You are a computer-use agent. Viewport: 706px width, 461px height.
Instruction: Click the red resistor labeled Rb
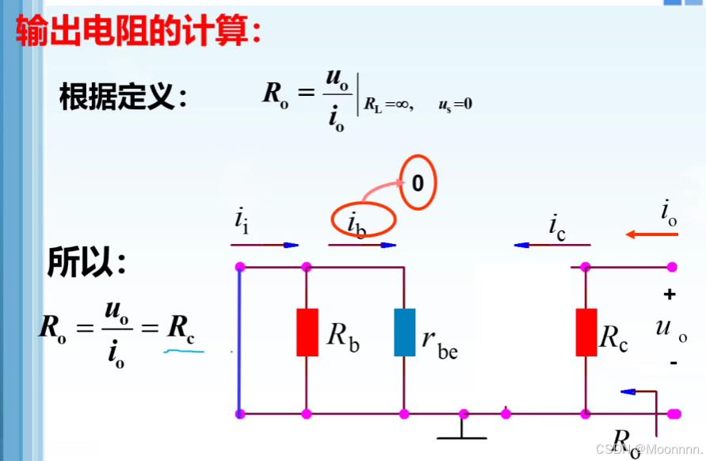tap(307, 332)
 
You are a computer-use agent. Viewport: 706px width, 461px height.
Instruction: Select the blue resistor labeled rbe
tap(404, 332)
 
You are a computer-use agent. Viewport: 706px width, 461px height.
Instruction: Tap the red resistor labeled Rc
tap(586, 332)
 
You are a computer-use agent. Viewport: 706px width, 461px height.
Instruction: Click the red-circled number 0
tap(418, 184)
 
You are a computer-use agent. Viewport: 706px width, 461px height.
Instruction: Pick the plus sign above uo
tap(670, 295)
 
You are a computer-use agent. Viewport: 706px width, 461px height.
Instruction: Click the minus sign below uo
tap(674, 363)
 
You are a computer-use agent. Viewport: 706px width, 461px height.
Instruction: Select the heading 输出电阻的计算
tap(139, 31)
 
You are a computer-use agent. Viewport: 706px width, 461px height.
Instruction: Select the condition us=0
tap(455, 105)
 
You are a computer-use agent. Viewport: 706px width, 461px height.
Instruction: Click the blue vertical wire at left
tap(239, 340)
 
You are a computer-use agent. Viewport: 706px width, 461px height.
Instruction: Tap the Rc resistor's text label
tap(614, 338)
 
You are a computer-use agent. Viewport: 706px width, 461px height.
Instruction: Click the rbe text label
tap(440, 344)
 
